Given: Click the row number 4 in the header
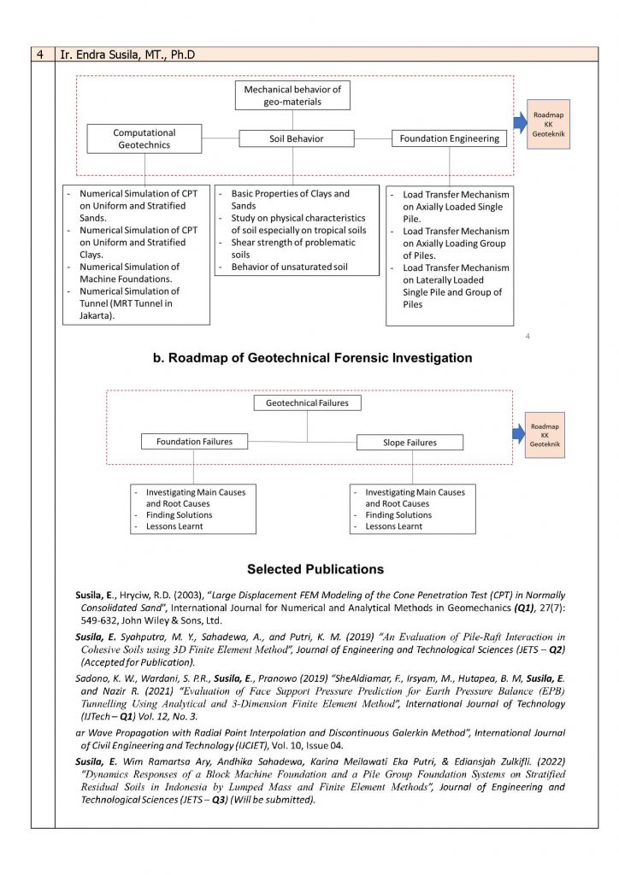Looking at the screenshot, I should pyautogui.click(x=40, y=55).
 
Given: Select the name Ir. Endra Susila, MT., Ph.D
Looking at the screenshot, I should pyautogui.click(x=127, y=55).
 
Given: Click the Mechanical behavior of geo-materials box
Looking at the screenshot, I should pyautogui.click(x=292, y=96).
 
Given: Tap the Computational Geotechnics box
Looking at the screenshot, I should pyautogui.click(x=144, y=138).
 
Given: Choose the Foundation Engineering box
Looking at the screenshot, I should pyautogui.click(x=449, y=138).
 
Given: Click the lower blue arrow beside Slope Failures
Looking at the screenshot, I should pyautogui.click(x=519, y=434).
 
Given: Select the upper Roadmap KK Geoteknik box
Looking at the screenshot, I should pyautogui.click(x=548, y=124).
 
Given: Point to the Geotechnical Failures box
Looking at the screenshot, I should pyautogui.click(x=307, y=402).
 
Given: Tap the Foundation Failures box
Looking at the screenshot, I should pyautogui.click(x=194, y=442).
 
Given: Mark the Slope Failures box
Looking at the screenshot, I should pyautogui.click(x=409, y=443).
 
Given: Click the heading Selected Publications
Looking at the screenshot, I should pyautogui.click(x=315, y=569).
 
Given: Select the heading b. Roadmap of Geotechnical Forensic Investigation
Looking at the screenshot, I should pyautogui.click(x=312, y=358).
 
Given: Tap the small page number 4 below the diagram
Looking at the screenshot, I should pyautogui.click(x=528, y=336).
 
